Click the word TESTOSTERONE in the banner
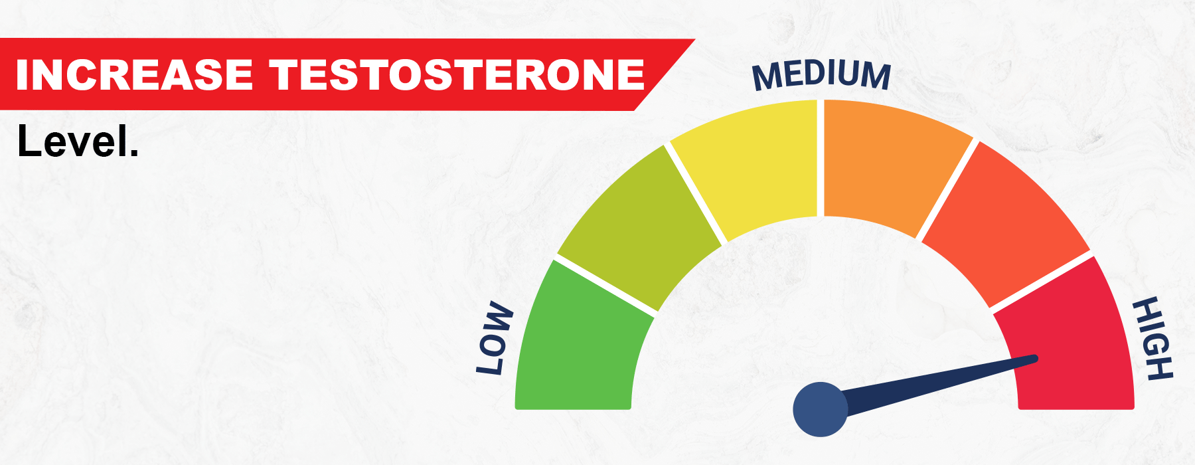457,74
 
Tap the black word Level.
78,141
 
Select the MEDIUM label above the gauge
821,74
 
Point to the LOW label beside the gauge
495,339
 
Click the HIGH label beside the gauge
1153,339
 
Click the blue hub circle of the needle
821,409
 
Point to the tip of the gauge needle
1036,359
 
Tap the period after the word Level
135,153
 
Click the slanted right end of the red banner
664,74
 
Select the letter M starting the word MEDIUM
765,77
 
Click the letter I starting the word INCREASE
21,74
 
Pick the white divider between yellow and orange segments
821,158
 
